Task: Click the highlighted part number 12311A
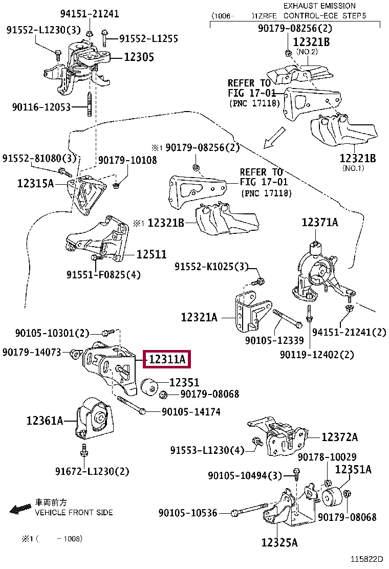(167, 360)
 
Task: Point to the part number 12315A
(35, 183)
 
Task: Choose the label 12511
(151, 254)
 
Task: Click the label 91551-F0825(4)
(103, 275)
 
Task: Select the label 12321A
(199, 318)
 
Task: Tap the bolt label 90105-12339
(274, 340)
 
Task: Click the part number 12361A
(45, 421)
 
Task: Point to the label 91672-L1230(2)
(93, 471)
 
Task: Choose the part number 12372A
(339, 437)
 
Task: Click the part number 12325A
(279, 542)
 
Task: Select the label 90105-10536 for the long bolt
(188, 512)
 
